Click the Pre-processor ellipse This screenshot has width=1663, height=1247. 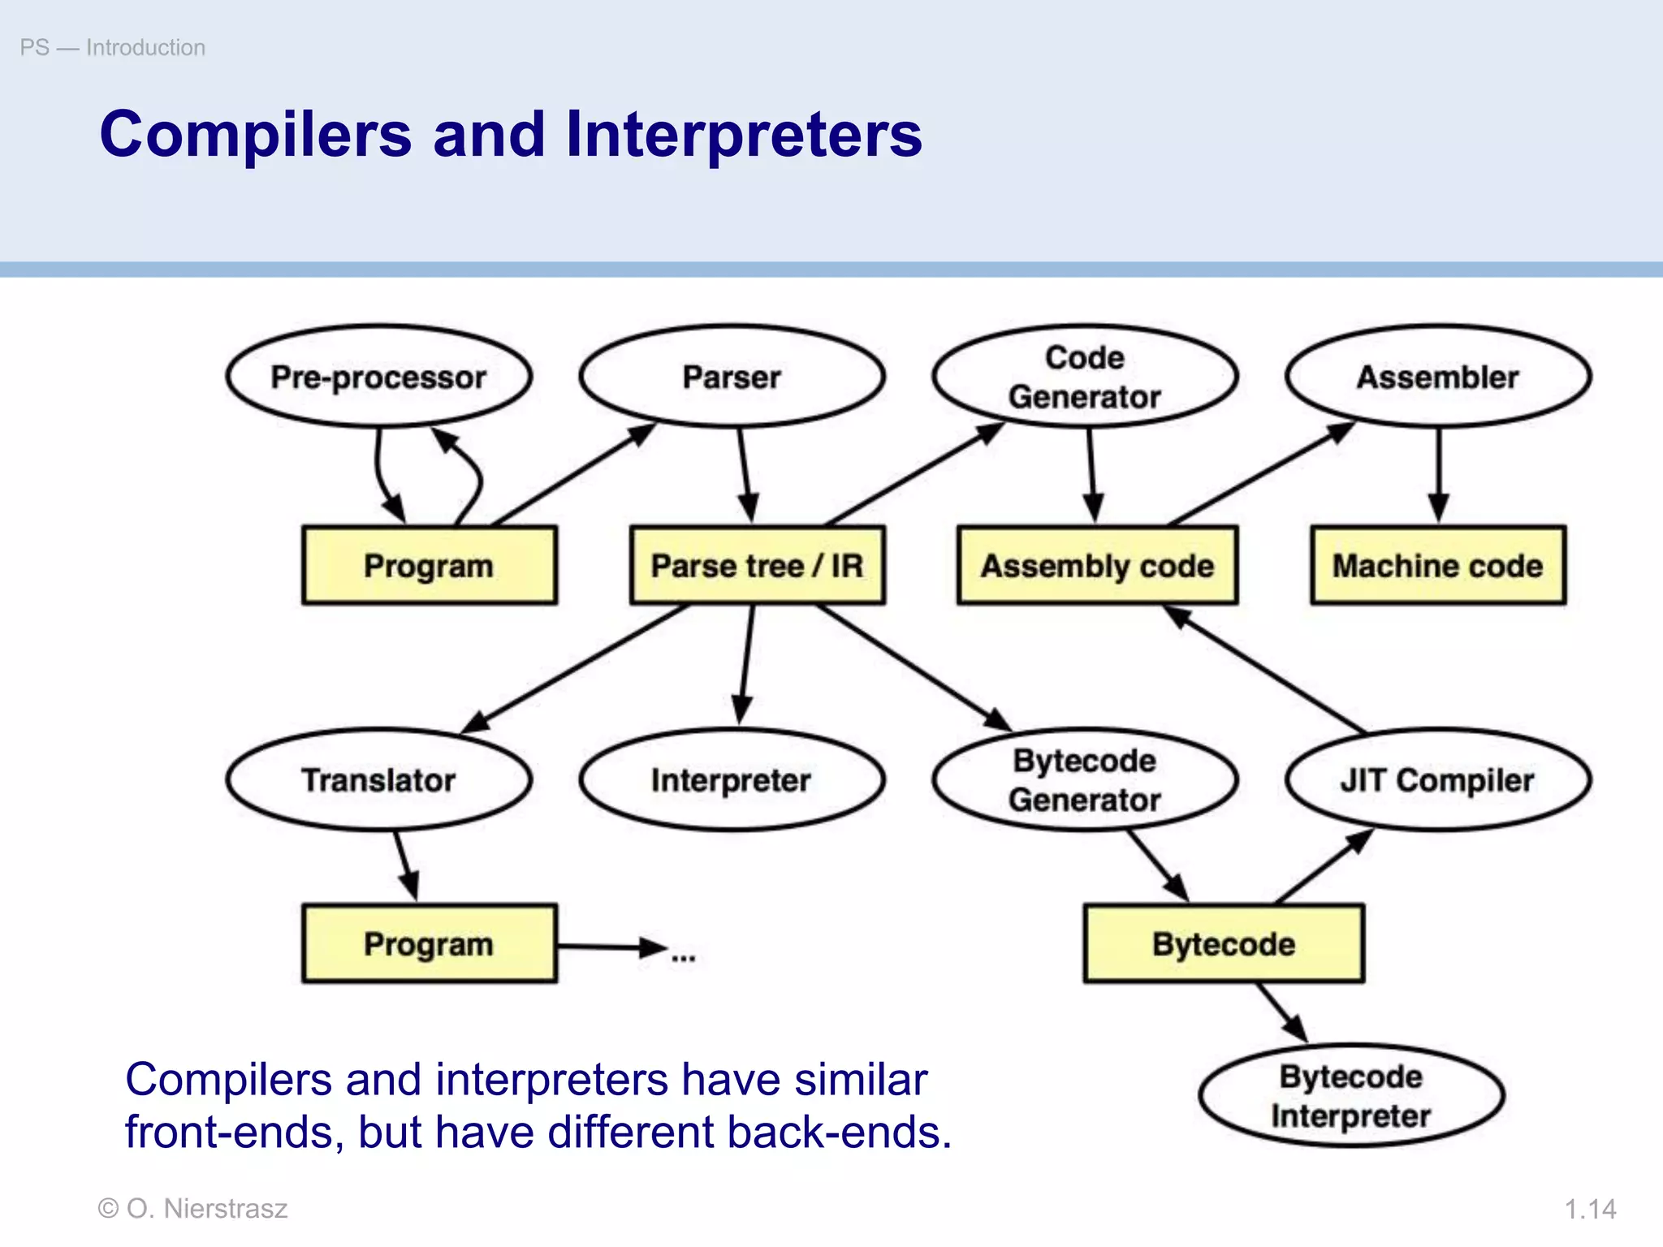click(x=378, y=377)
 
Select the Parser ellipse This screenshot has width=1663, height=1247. click(x=732, y=377)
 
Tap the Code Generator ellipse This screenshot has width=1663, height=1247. click(x=1085, y=377)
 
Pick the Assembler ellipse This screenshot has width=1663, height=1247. click(x=1438, y=377)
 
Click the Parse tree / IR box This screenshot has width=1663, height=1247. click(x=757, y=566)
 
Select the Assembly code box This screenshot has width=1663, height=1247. click(x=1097, y=566)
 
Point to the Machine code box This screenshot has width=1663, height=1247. click(x=1438, y=566)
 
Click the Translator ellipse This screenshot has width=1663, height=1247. click(x=378, y=780)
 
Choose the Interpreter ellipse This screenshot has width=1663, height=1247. click(x=732, y=780)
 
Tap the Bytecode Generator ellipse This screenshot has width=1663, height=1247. click(x=1085, y=780)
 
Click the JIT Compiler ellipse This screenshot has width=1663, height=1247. click(x=1438, y=780)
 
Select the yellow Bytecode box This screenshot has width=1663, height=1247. click(x=1224, y=944)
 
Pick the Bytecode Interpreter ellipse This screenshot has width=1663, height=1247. click(x=1351, y=1096)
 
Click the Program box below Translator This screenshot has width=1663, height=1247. click(x=429, y=944)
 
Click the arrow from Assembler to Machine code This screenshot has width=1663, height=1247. click(x=1439, y=475)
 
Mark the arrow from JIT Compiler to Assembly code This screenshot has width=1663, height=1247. click(x=1267, y=670)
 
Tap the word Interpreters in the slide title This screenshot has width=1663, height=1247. click(x=744, y=135)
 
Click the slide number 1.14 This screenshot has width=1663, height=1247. click(x=1590, y=1209)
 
